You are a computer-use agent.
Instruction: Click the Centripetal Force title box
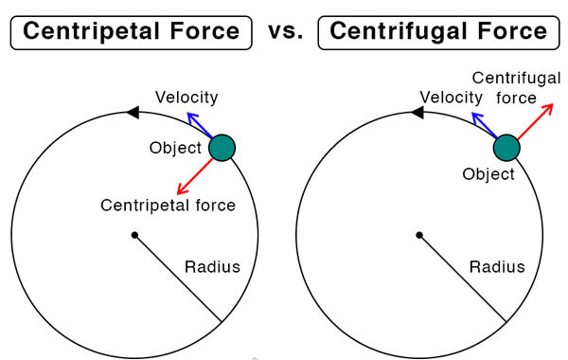tap(132, 32)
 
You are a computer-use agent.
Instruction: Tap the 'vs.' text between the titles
tap(286, 32)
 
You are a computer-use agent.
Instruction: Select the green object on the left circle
tap(221, 148)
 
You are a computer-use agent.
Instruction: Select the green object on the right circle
tap(506, 148)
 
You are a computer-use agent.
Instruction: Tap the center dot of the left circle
tap(135, 235)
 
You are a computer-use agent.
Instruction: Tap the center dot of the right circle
tap(419, 235)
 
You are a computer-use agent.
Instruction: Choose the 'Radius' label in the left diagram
tap(212, 267)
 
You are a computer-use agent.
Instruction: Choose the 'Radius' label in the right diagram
tap(497, 267)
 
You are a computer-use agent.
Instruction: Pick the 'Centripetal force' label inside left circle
tap(168, 206)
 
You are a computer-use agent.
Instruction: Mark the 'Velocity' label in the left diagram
tap(186, 97)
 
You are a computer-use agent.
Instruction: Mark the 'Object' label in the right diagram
tap(488, 174)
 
